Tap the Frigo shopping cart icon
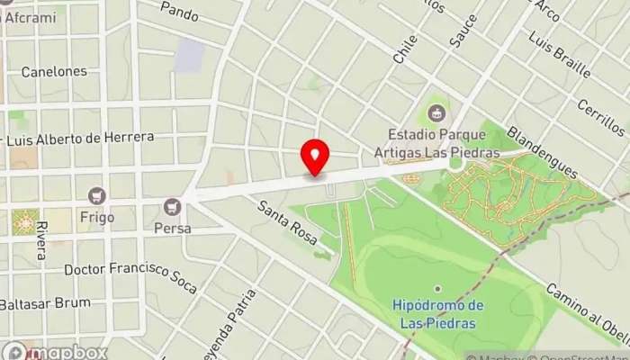click(x=96, y=195)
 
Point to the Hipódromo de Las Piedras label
click(x=439, y=314)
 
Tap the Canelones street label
click(x=54, y=71)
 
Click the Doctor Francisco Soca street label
click(x=130, y=277)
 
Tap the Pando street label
click(x=180, y=12)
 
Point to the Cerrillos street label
click(x=600, y=117)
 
